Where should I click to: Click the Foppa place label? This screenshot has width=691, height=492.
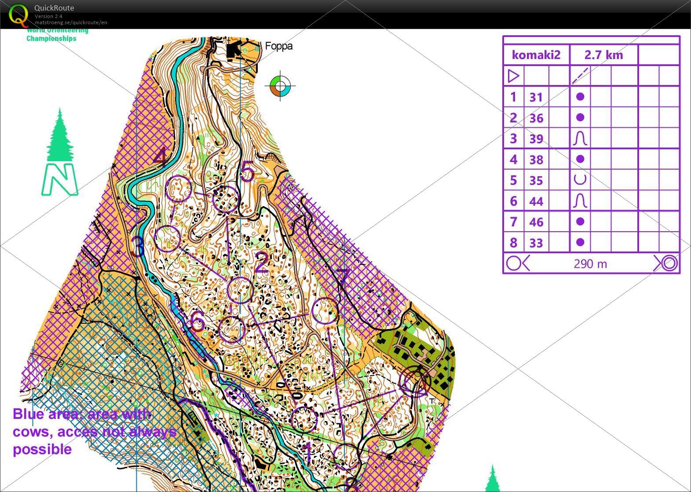click(x=278, y=46)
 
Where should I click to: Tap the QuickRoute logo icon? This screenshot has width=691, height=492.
click(x=18, y=15)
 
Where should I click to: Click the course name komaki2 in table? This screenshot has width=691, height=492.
click(x=536, y=55)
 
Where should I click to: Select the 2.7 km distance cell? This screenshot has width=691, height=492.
click(x=603, y=55)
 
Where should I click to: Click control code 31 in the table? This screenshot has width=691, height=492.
click(x=536, y=97)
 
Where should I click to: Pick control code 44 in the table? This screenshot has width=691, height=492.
click(x=536, y=201)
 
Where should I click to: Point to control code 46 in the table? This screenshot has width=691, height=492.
click(x=536, y=222)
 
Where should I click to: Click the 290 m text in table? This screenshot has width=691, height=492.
click(x=590, y=264)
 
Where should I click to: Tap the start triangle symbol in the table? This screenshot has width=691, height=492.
click(x=513, y=76)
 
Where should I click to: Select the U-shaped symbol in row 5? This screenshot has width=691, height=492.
click(x=580, y=180)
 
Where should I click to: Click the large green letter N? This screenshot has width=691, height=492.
click(x=59, y=179)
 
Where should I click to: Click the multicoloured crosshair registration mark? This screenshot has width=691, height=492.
click(x=281, y=85)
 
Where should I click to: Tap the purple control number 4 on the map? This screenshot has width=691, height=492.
click(x=161, y=158)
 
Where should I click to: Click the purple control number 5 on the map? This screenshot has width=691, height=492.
click(x=248, y=171)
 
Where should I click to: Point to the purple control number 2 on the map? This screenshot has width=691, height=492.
click(x=261, y=263)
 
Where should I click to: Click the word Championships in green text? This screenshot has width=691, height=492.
click(x=51, y=38)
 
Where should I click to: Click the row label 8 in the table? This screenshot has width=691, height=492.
click(x=513, y=243)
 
